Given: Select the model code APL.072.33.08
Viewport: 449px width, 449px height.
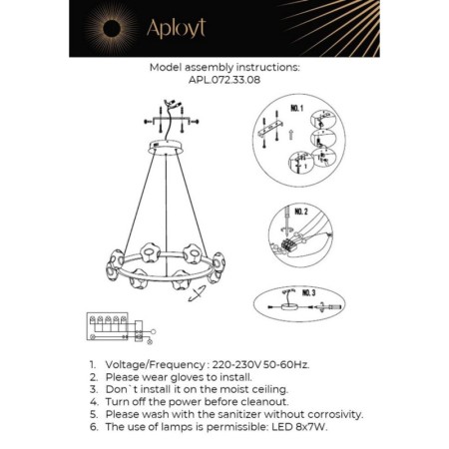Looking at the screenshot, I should (224, 82).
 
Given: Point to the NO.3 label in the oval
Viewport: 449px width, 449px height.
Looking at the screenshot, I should (306, 291).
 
